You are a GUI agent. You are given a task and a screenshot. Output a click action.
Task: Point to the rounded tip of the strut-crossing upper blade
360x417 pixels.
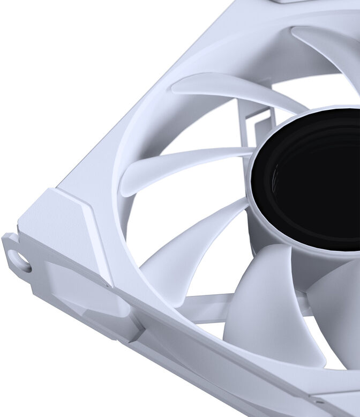coord(179,83)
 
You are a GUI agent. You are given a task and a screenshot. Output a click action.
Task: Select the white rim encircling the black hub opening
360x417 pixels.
coord(255,161)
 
